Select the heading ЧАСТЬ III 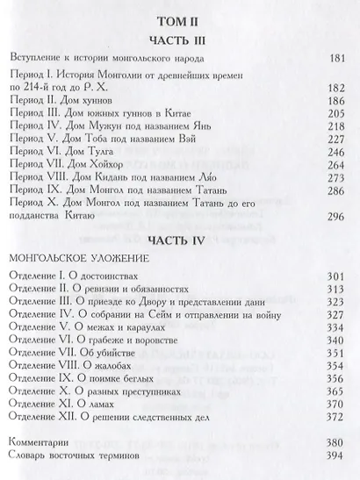[x=177, y=42]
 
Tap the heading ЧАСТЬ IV [x=177, y=238]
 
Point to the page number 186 [x=332, y=102]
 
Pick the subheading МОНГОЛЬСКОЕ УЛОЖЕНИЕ [x=77, y=260]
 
